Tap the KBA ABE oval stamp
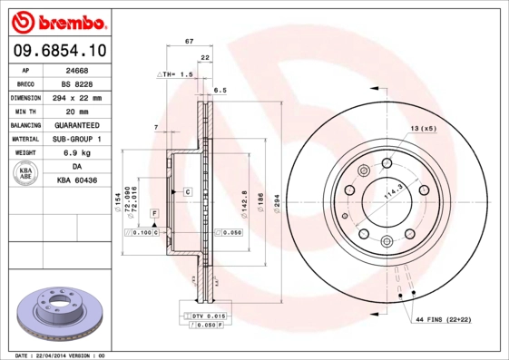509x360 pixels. [26, 174]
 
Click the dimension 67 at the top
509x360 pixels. [189, 42]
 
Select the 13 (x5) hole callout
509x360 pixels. [424, 129]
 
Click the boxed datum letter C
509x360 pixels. [187, 192]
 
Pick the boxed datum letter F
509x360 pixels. [154, 212]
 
